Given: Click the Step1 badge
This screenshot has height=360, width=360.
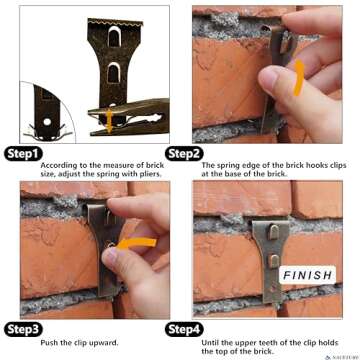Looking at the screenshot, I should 23,153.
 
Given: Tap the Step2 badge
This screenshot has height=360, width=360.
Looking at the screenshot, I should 183,153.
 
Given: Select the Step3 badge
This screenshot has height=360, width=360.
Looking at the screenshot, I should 23,328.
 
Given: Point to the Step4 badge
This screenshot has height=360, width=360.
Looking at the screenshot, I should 183,328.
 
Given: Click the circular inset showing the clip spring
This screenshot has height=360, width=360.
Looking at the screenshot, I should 46,110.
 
